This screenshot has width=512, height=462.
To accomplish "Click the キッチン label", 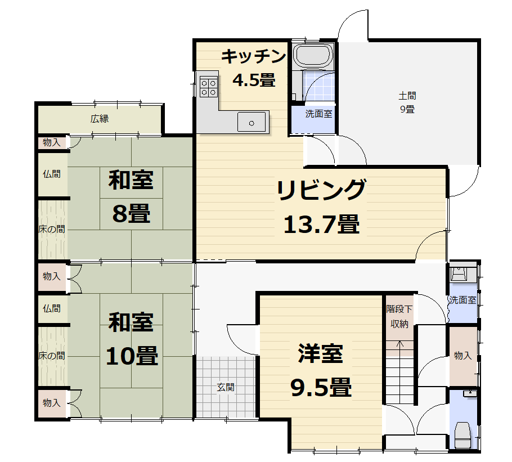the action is tap(253, 56).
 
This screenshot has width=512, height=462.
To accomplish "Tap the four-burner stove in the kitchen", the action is tap(208, 87).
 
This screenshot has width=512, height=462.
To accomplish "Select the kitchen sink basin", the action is tap(251, 122).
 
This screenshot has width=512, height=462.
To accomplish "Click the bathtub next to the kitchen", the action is tap(313, 55).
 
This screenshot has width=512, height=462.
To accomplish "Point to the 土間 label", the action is tap(407, 96).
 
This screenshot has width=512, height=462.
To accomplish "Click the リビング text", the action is tap(322, 190).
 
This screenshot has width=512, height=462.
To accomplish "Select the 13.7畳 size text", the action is tap(322, 225).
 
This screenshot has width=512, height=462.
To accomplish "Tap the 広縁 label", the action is tap(100, 119).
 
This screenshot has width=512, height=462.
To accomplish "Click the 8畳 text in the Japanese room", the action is tap(131, 213).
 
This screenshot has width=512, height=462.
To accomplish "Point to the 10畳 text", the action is tap(132, 356).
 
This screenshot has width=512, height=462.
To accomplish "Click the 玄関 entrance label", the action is tap(226, 387).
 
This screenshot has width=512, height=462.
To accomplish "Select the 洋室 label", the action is tap(320, 353).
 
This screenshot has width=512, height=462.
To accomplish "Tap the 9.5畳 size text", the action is tap(321, 387).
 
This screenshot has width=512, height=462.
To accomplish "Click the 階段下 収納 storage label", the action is tap(399, 316).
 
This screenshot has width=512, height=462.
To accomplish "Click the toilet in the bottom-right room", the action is tap(462, 435).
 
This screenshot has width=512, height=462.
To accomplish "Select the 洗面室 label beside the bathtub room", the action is tap(318, 114).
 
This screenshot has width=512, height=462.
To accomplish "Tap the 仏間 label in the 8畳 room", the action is tap(52, 174).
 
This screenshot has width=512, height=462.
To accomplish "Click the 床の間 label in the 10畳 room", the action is tap(52, 355).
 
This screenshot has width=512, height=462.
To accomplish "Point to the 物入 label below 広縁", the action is tap(52, 142).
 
